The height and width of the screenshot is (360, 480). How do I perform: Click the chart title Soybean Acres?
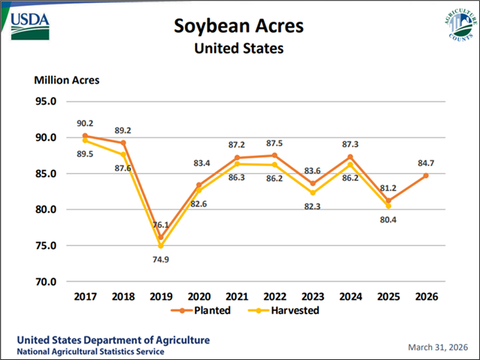pos(239,26)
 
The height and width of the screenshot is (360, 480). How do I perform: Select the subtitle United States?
pos(239,48)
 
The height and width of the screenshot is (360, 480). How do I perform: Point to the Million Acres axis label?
pos(67,80)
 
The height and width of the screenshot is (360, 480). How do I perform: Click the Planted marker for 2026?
pos(426,176)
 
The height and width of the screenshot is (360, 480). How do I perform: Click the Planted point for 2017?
pos(85,136)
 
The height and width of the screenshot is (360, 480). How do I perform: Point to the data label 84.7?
pos(426,164)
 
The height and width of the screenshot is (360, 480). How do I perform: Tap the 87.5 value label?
pos(274,143)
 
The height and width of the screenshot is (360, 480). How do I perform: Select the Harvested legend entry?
pos(285,310)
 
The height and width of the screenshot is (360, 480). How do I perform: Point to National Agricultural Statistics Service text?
pos(89,352)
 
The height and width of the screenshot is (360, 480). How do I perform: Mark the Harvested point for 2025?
pos(389,206)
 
